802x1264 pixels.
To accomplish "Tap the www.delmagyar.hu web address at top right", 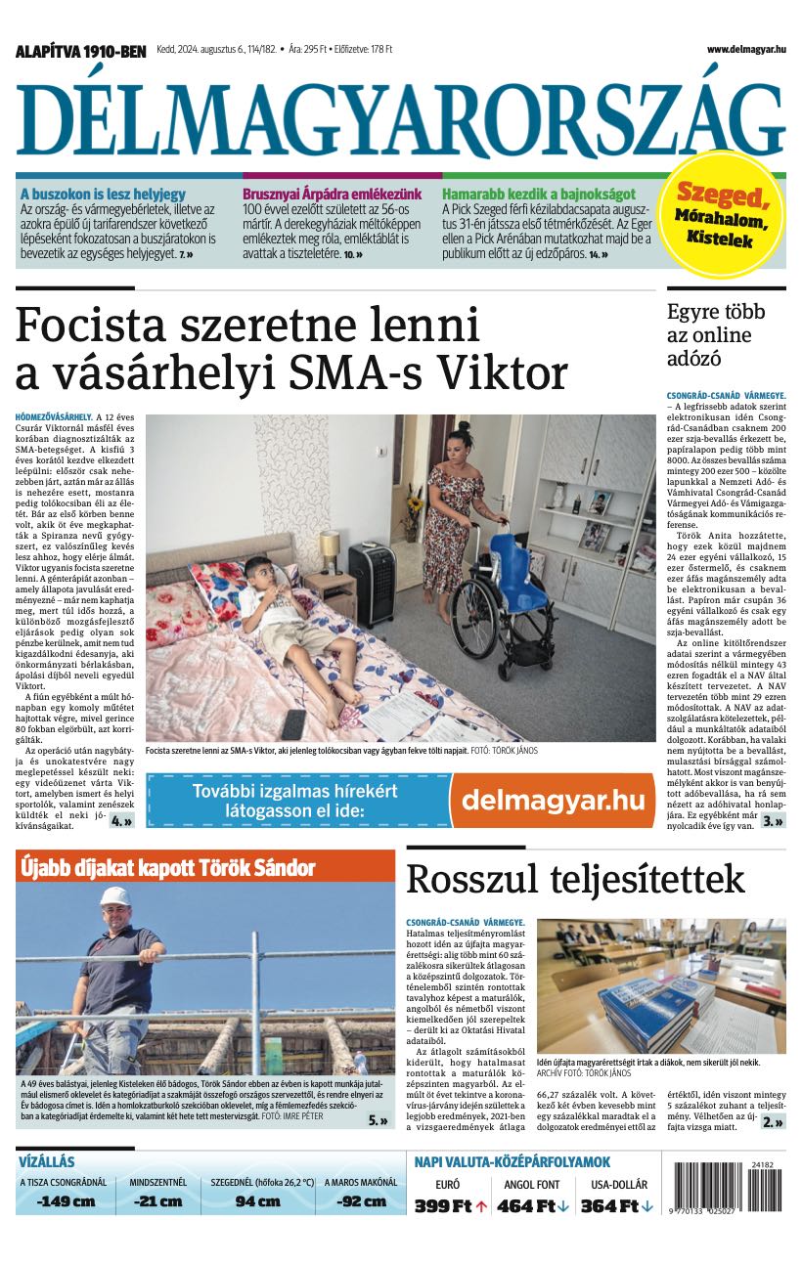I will [745, 49].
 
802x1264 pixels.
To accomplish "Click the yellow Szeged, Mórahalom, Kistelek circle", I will [725, 212].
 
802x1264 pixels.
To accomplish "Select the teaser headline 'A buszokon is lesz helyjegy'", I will [103, 194].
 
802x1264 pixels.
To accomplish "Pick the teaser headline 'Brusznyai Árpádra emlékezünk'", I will [332, 194].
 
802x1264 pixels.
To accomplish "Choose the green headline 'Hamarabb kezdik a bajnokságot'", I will [538, 194].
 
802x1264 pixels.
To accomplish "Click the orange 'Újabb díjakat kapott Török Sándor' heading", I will [167, 867].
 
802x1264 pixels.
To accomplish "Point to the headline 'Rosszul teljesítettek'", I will [575, 879].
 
